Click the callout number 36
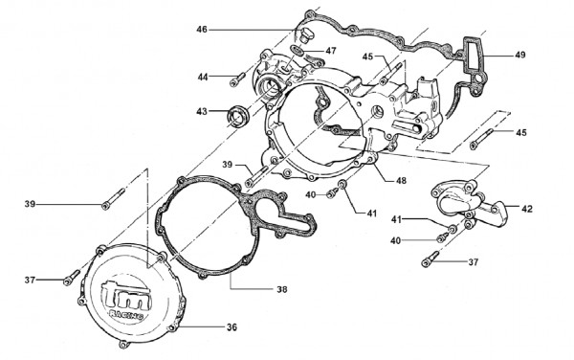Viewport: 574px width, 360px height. point(232,327)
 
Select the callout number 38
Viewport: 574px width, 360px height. point(282,289)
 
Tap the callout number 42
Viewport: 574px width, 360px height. point(527,209)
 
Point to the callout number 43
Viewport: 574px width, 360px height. point(202,111)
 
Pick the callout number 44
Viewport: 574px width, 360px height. point(203,77)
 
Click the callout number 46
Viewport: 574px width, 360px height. point(202,30)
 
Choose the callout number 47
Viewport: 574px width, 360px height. point(331,51)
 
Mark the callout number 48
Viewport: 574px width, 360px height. point(401,181)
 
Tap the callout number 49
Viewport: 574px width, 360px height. point(520,55)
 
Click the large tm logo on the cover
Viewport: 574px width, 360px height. point(126,294)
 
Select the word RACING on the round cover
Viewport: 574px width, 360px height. point(126,315)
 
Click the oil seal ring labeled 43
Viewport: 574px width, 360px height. point(238,115)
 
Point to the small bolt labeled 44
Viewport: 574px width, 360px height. point(237,79)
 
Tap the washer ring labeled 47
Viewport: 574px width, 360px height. point(298,50)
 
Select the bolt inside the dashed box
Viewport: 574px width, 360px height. point(482,139)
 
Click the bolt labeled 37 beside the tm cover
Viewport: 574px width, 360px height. point(72,278)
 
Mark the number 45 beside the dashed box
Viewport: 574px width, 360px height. point(521,132)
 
